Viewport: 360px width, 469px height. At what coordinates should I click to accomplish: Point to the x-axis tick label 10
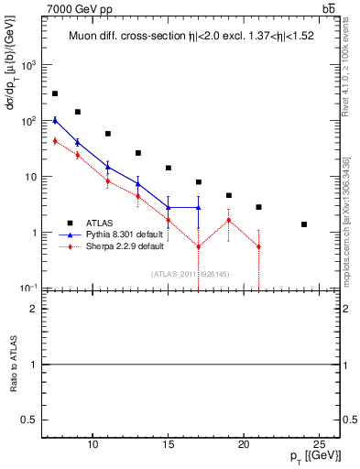(x=93, y=444)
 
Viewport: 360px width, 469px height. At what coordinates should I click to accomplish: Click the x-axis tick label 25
(x=319, y=444)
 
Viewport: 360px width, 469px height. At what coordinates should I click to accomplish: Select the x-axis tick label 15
(x=168, y=444)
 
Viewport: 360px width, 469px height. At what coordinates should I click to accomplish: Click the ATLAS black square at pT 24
(x=304, y=224)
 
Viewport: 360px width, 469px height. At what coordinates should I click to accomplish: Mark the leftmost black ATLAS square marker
(x=55, y=93)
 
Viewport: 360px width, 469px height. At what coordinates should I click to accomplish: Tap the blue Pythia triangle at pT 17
(x=198, y=208)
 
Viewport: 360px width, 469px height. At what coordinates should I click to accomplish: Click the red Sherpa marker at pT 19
(x=228, y=220)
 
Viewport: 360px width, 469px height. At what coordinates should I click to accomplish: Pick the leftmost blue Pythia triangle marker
(x=55, y=120)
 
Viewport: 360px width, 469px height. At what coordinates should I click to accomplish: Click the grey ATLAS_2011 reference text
(x=190, y=273)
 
